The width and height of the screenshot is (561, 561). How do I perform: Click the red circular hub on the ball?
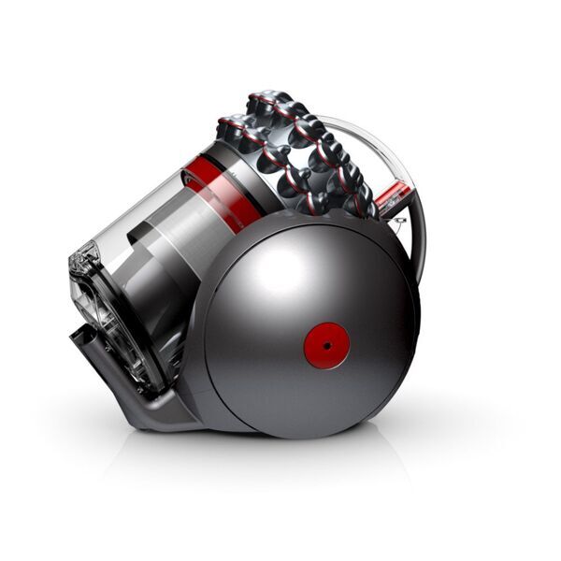coord(326,345)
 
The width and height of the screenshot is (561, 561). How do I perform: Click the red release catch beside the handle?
coord(395,196)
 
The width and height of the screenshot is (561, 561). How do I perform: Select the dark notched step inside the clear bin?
coord(140,234)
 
